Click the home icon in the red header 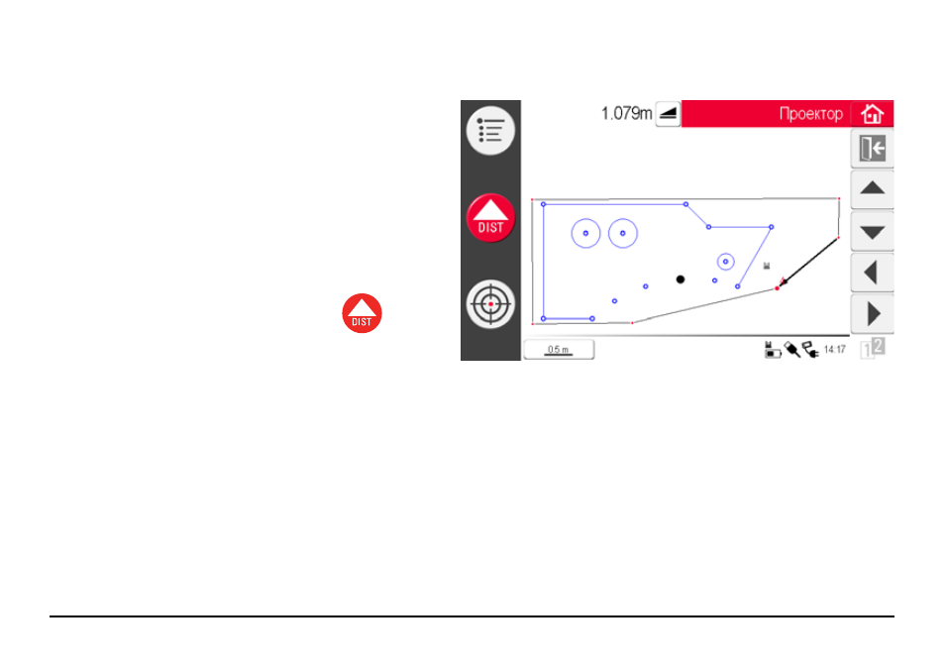(x=872, y=113)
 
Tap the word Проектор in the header (x=810, y=113)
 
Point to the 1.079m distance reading (x=626, y=113)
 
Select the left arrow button (x=872, y=274)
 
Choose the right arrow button (x=872, y=313)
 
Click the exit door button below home (x=872, y=149)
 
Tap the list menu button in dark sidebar (x=490, y=130)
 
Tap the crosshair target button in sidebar (x=490, y=304)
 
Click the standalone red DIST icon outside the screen (x=362, y=313)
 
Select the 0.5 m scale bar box (x=559, y=350)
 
